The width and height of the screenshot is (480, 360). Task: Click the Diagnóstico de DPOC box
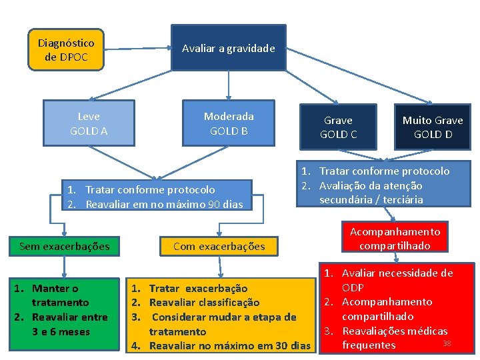(66, 50)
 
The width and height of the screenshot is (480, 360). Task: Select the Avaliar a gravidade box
(228, 48)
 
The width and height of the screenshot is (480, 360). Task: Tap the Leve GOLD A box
(89, 123)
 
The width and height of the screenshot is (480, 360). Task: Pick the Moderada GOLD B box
(228, 123)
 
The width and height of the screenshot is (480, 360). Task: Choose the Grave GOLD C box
(338, 127)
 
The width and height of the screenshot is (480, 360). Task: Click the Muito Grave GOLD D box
(432, 127)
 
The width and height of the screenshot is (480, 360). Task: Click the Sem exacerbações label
(65, 246)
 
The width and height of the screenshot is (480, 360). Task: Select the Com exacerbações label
(219, 246)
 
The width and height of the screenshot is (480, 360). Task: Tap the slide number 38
(447, 343)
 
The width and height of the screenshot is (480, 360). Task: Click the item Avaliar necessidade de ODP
(397, 280)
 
